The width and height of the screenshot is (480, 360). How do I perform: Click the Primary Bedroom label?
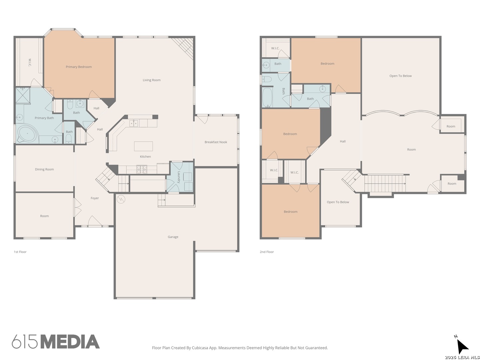(79, 67)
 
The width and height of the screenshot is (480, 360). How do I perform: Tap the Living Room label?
(152, 80)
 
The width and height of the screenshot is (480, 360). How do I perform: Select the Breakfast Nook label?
(216, 142)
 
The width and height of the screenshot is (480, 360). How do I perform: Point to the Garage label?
(173, 237)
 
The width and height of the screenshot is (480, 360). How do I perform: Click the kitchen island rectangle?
(143, 146)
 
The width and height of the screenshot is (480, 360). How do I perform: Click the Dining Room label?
(44, 169)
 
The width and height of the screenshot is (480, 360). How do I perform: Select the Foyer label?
(95, 198)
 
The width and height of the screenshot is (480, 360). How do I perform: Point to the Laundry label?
(179, 177)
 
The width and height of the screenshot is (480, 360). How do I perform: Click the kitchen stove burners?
(142, 169)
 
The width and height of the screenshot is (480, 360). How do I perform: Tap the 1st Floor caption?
(20, 252)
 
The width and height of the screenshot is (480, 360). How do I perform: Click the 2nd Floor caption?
(267, 252)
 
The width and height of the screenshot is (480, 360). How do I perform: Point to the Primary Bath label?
(44, 118)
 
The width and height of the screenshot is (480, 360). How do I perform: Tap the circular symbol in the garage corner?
(121, 199)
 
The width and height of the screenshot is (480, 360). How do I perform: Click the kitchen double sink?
(133, 123)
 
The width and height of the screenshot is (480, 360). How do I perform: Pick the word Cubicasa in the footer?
(200, 348)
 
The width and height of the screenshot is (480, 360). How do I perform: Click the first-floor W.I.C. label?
(30, 63)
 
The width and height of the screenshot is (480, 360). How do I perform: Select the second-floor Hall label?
(342, 141)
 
